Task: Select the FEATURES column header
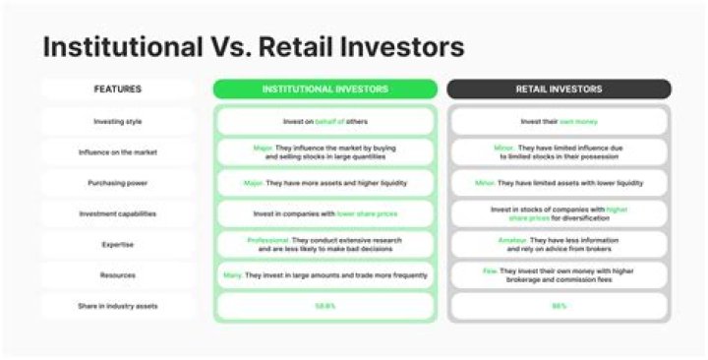[x=117, y=90]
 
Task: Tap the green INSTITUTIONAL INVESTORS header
[x=324, y=90]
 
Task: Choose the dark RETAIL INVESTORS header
[x=559, y=90]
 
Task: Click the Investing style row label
[x=117, y=121]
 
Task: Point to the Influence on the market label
[x=117, y=152]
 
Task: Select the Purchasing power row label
[x=117, y=183]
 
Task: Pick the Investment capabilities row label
[x=117, y=213]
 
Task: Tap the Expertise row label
[x=117, y=245]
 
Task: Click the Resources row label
[x=117, y=275]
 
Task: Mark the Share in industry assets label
[x=117, y=306]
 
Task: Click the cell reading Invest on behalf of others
[x=324, y=121]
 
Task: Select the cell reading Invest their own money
[x=559, y=121]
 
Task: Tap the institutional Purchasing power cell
[x=324, y=183]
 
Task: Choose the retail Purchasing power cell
[x=559, y=183]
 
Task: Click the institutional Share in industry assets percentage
[x=324, y=306]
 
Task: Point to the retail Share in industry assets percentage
[x=559, y=306]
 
